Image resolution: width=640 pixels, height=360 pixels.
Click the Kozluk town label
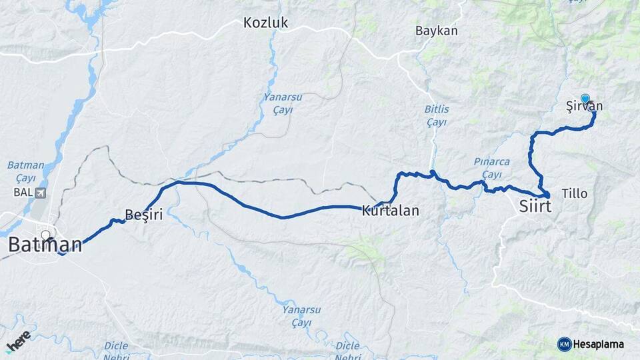pos(265,23)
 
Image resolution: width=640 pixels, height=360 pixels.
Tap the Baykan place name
pos(436,31)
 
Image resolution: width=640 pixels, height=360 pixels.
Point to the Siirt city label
pos(535,207)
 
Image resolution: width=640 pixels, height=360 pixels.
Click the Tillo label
pos(575,193)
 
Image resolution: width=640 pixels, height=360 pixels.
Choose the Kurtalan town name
pos(390,211)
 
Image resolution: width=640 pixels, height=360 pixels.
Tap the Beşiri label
pos(144,214)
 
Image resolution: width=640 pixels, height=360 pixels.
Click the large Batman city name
pos(45,244)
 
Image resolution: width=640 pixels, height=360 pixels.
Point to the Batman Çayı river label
pos(25,171)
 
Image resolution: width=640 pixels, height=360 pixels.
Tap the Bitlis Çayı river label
pos(436,115)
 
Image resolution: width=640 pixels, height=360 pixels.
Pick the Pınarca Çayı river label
pos(491,167)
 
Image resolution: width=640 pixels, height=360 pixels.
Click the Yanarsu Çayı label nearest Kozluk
pos(283,103)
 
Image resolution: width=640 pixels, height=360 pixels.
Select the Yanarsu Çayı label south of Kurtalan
pos(297,316)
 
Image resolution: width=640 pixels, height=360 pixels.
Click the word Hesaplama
pos(599,344)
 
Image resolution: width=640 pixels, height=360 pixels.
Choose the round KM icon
pos(564,344)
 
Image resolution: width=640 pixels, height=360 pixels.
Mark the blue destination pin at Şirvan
pos(585,99)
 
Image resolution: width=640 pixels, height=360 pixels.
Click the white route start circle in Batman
pos(46,235)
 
